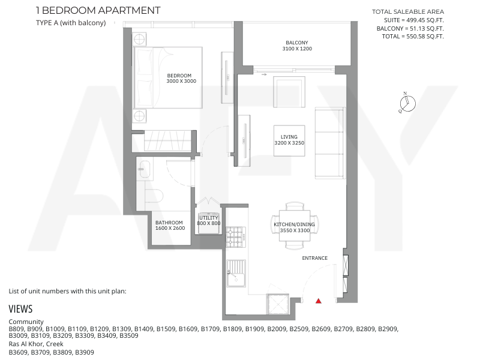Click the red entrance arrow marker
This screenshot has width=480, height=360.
tap(319, 301)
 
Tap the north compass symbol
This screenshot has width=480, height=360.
tap(407, 103)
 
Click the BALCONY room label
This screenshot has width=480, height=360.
tap(297, 43)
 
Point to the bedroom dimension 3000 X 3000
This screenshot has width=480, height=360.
tap(181, 81)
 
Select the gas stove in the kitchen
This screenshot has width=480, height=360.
tap(236, 237)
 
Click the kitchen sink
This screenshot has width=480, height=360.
tap(236, 274)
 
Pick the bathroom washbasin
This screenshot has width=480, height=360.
tap(144, 169)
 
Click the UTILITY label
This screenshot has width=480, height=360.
tap(209, 218)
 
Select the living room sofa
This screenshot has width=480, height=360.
tap(330, 143)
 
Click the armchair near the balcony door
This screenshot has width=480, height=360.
tap(289, 92)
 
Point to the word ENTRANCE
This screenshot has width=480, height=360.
tap(314, 258)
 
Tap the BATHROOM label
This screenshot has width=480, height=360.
tap(169, 223)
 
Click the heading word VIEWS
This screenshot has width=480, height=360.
tap(20, 309)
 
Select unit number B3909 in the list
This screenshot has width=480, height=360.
tap(85, 352)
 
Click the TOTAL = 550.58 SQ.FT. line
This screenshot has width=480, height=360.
tap(413, 37)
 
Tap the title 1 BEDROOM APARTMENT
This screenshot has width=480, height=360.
tap(98, 10)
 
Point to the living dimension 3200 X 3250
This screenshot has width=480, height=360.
tap(289, 143)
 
